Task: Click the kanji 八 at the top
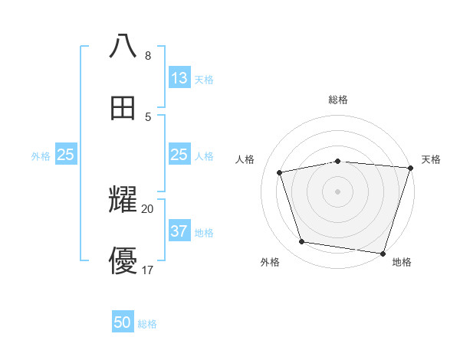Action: tap(123, 47)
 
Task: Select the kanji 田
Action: tap(123, 108)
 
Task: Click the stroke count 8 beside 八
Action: tap(148, 56)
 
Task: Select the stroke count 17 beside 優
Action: tap(148, 270)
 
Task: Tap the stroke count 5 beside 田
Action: tap(148, 116)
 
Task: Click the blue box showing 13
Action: tap(179, 78)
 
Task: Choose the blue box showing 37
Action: tap(179, 231)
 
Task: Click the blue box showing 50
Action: tap(123, 322)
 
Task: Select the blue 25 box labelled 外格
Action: tap(66, 155)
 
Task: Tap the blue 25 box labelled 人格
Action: tap(179, 155)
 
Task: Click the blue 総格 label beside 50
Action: tap(147, 324)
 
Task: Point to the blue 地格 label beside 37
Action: tap(204, 233)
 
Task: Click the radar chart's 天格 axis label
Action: tap(431, 159)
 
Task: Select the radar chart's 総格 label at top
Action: tap(338, 100)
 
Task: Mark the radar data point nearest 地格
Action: tap(383, 253)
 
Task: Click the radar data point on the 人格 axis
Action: tap(280, 172)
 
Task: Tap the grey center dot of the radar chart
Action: tap(337, 191)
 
